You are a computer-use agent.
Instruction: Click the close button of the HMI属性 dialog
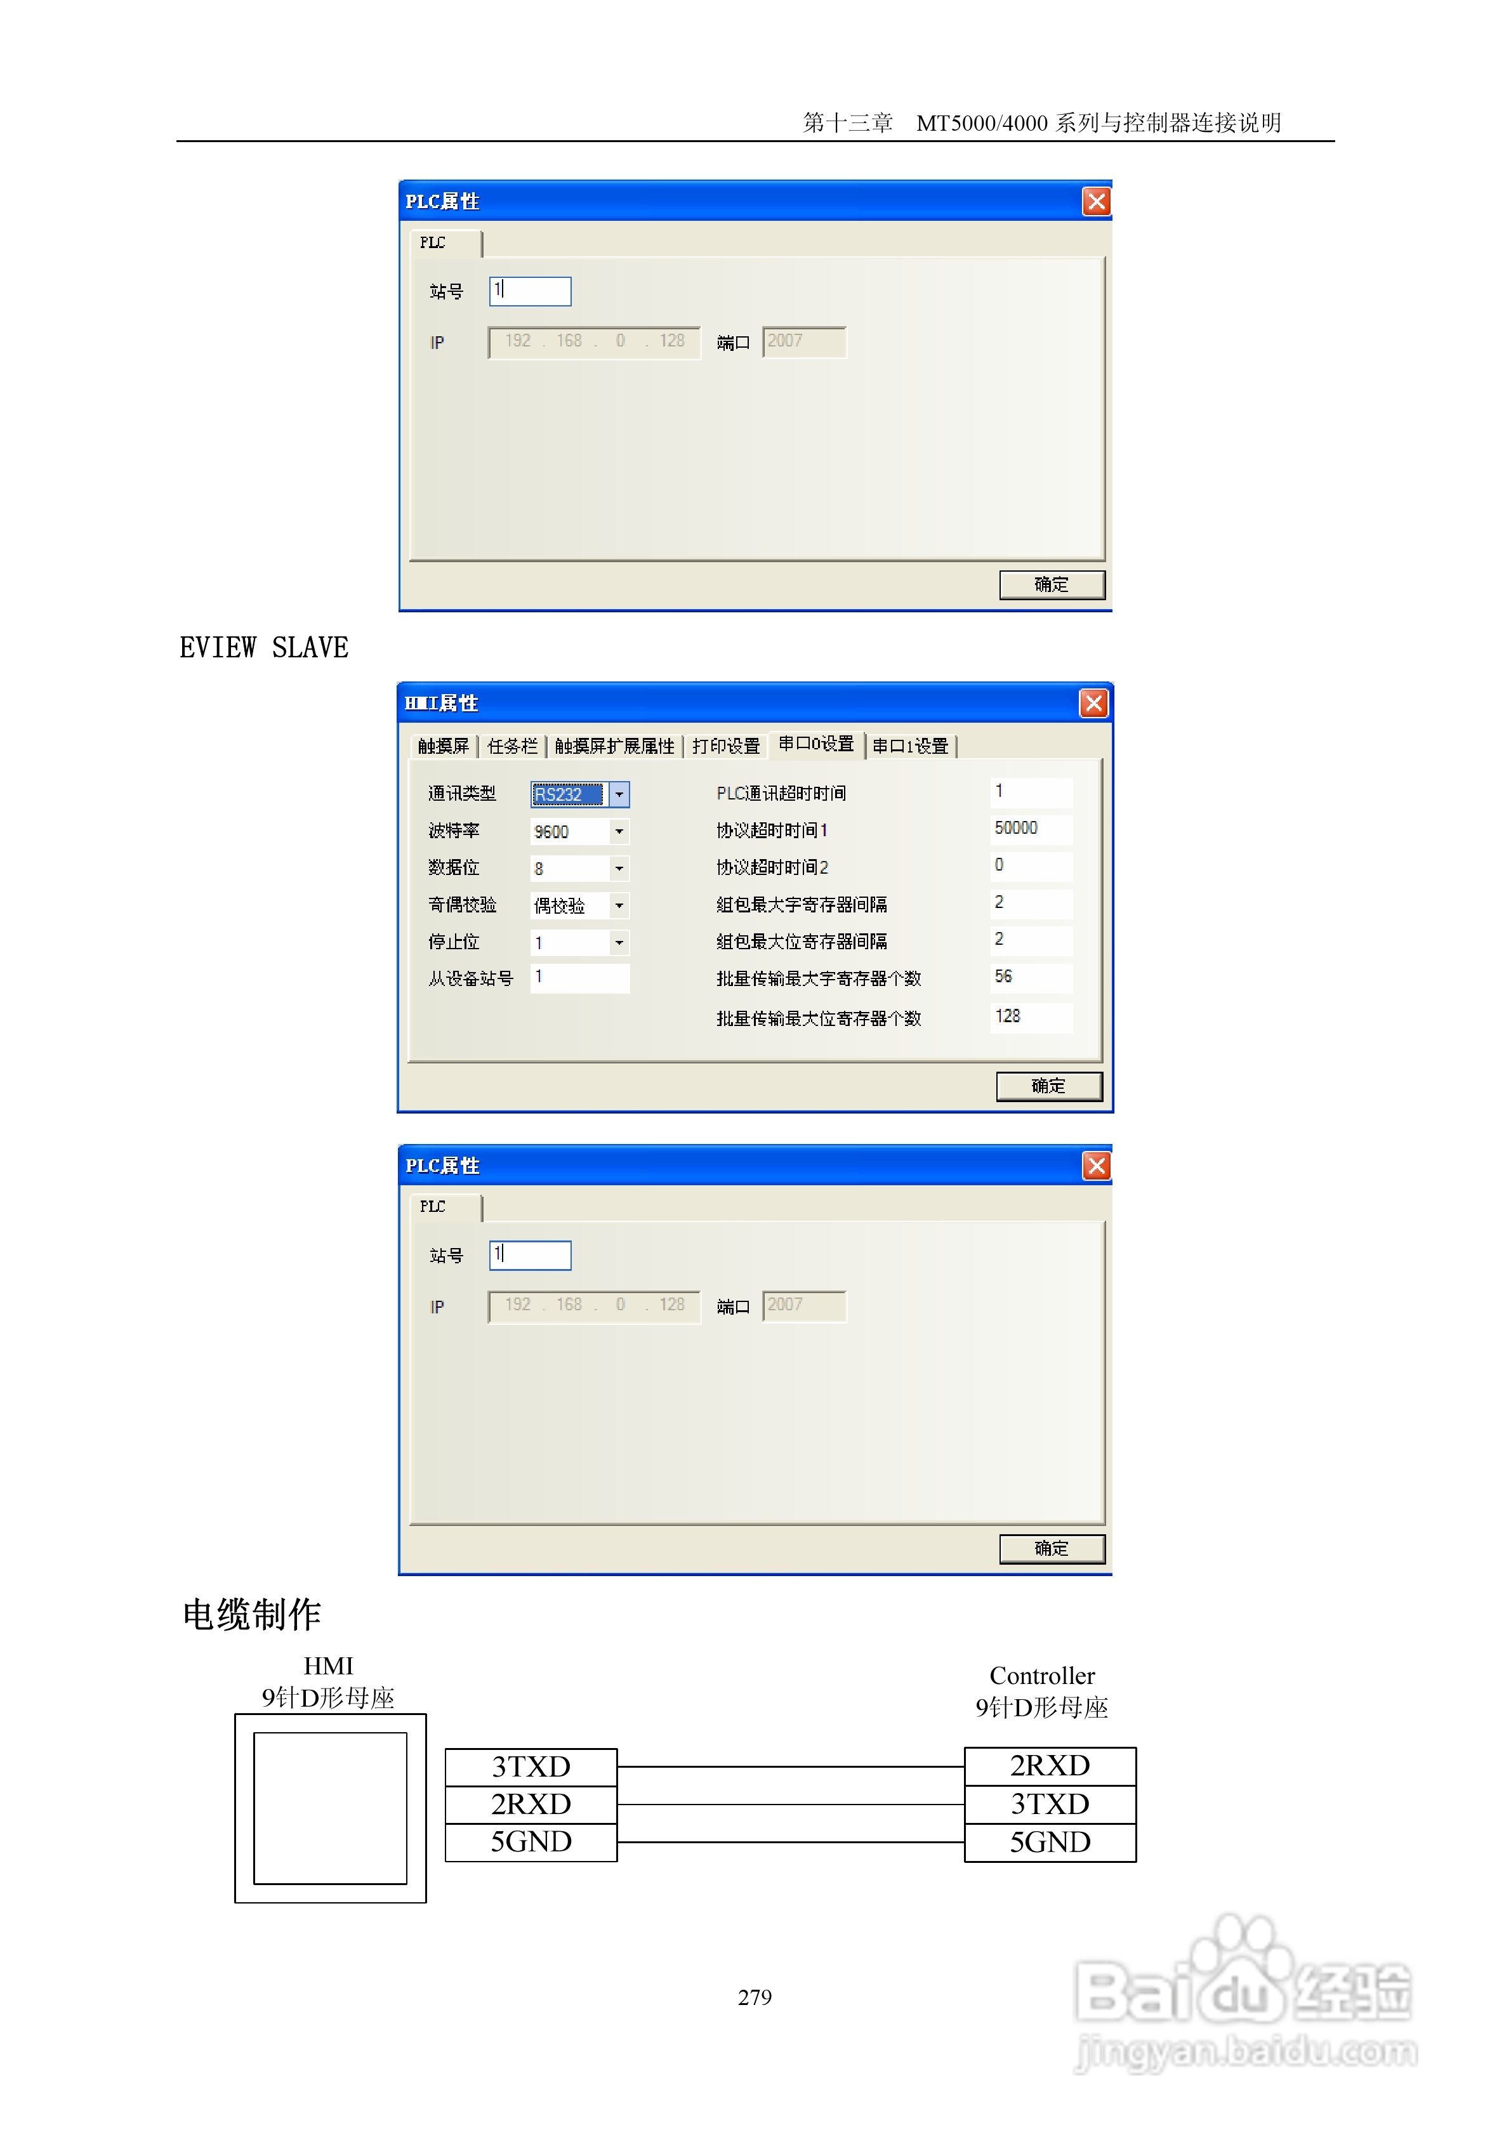(x=1093, y=704)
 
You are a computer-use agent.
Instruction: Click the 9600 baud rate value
(x=569, y=831)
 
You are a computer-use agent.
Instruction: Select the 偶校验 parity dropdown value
(x=569, y=905)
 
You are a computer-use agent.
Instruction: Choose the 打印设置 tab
(x=725, y=746)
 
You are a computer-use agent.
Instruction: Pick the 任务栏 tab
(x=512, y=746)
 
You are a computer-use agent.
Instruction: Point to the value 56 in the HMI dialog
(x=1003, y=976)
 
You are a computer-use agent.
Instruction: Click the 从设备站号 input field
(x=579, y=978)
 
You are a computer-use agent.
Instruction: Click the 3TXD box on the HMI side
(x=531, y=1766)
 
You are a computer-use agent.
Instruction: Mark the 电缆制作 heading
(x=251, y=1615)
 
